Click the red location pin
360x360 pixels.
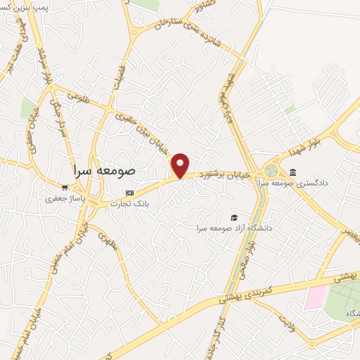pos(181,165)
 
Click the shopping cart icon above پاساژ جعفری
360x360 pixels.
pos(65,188)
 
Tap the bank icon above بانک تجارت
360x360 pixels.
pos(129,192)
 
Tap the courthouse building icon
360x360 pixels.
pos(292,173)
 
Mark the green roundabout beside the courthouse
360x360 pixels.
pos(271,171)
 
